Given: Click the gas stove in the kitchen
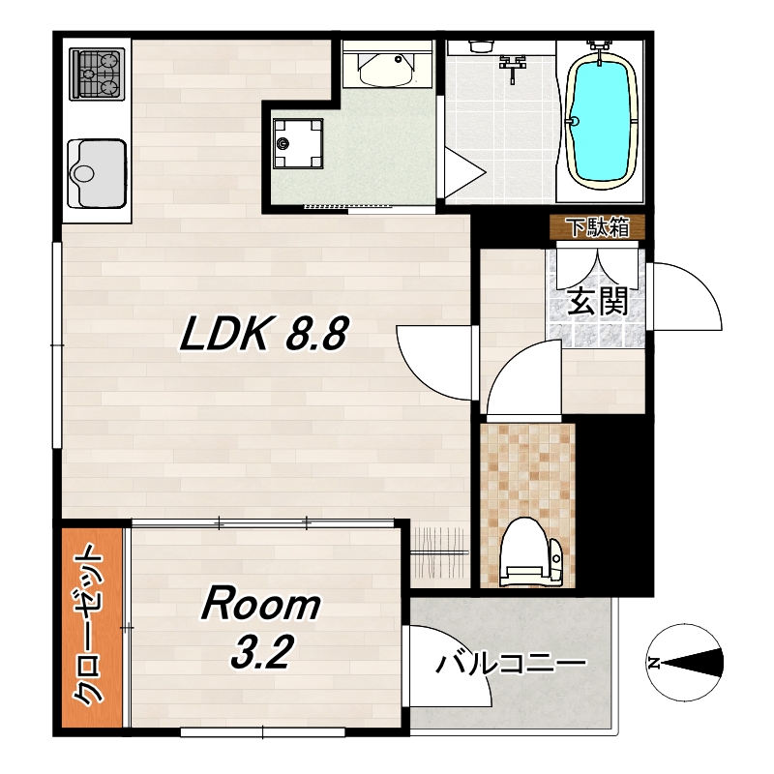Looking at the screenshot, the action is point(97,74).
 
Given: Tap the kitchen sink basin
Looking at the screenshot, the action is point(98,174).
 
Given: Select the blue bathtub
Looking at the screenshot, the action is point(600,120).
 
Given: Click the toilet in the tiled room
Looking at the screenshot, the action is point(530,551).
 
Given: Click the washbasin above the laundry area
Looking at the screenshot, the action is point(386,69).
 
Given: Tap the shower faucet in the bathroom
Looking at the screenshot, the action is point(514,67).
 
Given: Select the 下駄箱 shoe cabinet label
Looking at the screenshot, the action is point(598,227).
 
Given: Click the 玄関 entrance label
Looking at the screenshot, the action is point(597,301).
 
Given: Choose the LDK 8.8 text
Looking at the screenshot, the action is point(264,334).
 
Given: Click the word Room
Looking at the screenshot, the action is point(260,603).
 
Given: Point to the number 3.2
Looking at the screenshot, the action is point(261,651).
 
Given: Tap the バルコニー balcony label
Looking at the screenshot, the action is point(511,665).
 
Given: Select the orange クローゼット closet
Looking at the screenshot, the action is point(92,628).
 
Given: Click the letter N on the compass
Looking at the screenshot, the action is point(655,663).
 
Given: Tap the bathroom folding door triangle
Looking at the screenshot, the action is point(464,173).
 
